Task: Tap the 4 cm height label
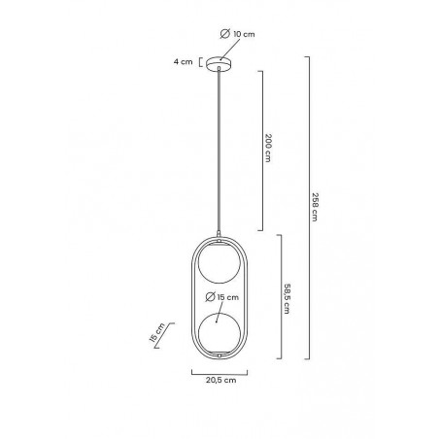(x=183, y=61)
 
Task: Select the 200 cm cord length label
(x=268, y=148)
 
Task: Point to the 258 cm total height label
(x=315, y=207)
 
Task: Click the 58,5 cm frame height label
(x=287, y=299)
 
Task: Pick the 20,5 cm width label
(x=220, y=380)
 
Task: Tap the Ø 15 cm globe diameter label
(x=222, y=297)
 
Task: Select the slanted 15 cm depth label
(x=157, y=332)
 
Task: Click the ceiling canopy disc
(x=219, y=63)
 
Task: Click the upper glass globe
(x=219, y=261)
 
